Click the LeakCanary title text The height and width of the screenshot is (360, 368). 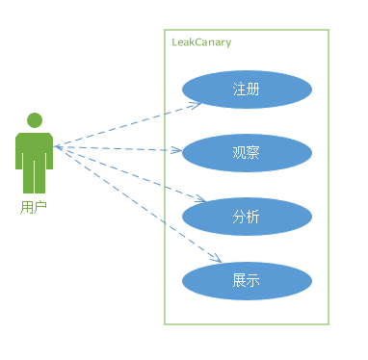201,42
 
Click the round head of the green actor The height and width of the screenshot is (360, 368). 35,120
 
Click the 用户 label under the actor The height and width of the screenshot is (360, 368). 34,206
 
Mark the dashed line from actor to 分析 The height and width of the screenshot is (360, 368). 125,172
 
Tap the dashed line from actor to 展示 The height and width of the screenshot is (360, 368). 135,202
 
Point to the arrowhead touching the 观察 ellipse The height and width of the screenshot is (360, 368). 178,151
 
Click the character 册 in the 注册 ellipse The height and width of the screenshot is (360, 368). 253,90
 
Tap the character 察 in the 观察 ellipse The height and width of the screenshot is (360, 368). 253,153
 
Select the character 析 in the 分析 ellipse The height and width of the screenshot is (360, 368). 253,217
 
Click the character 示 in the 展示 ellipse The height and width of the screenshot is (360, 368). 253,281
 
